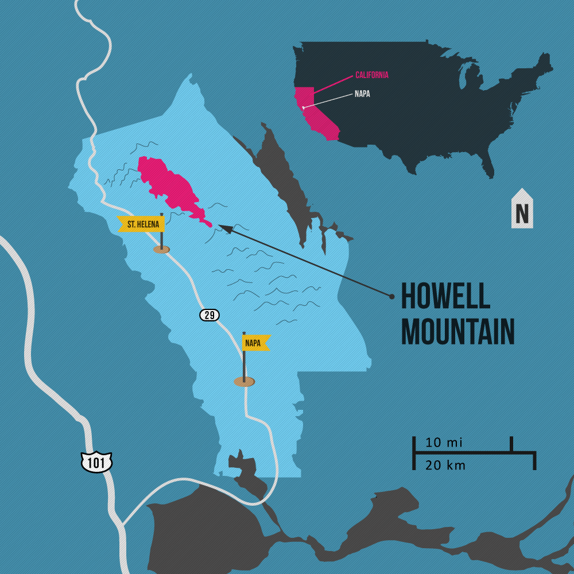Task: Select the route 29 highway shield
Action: point(210,315)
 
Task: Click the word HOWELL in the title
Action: point(445,296)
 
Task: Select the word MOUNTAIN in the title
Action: point(457,331)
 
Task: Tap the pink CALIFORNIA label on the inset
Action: point(372,75)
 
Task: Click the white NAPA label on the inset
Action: point(362,94)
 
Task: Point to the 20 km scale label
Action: point(445,466)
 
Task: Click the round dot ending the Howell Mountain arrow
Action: point(391,296)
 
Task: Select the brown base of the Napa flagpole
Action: point(244,382)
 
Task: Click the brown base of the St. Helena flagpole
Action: point(162,249)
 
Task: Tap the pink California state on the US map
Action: point(313,115)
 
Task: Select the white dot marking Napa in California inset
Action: point(304,106)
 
